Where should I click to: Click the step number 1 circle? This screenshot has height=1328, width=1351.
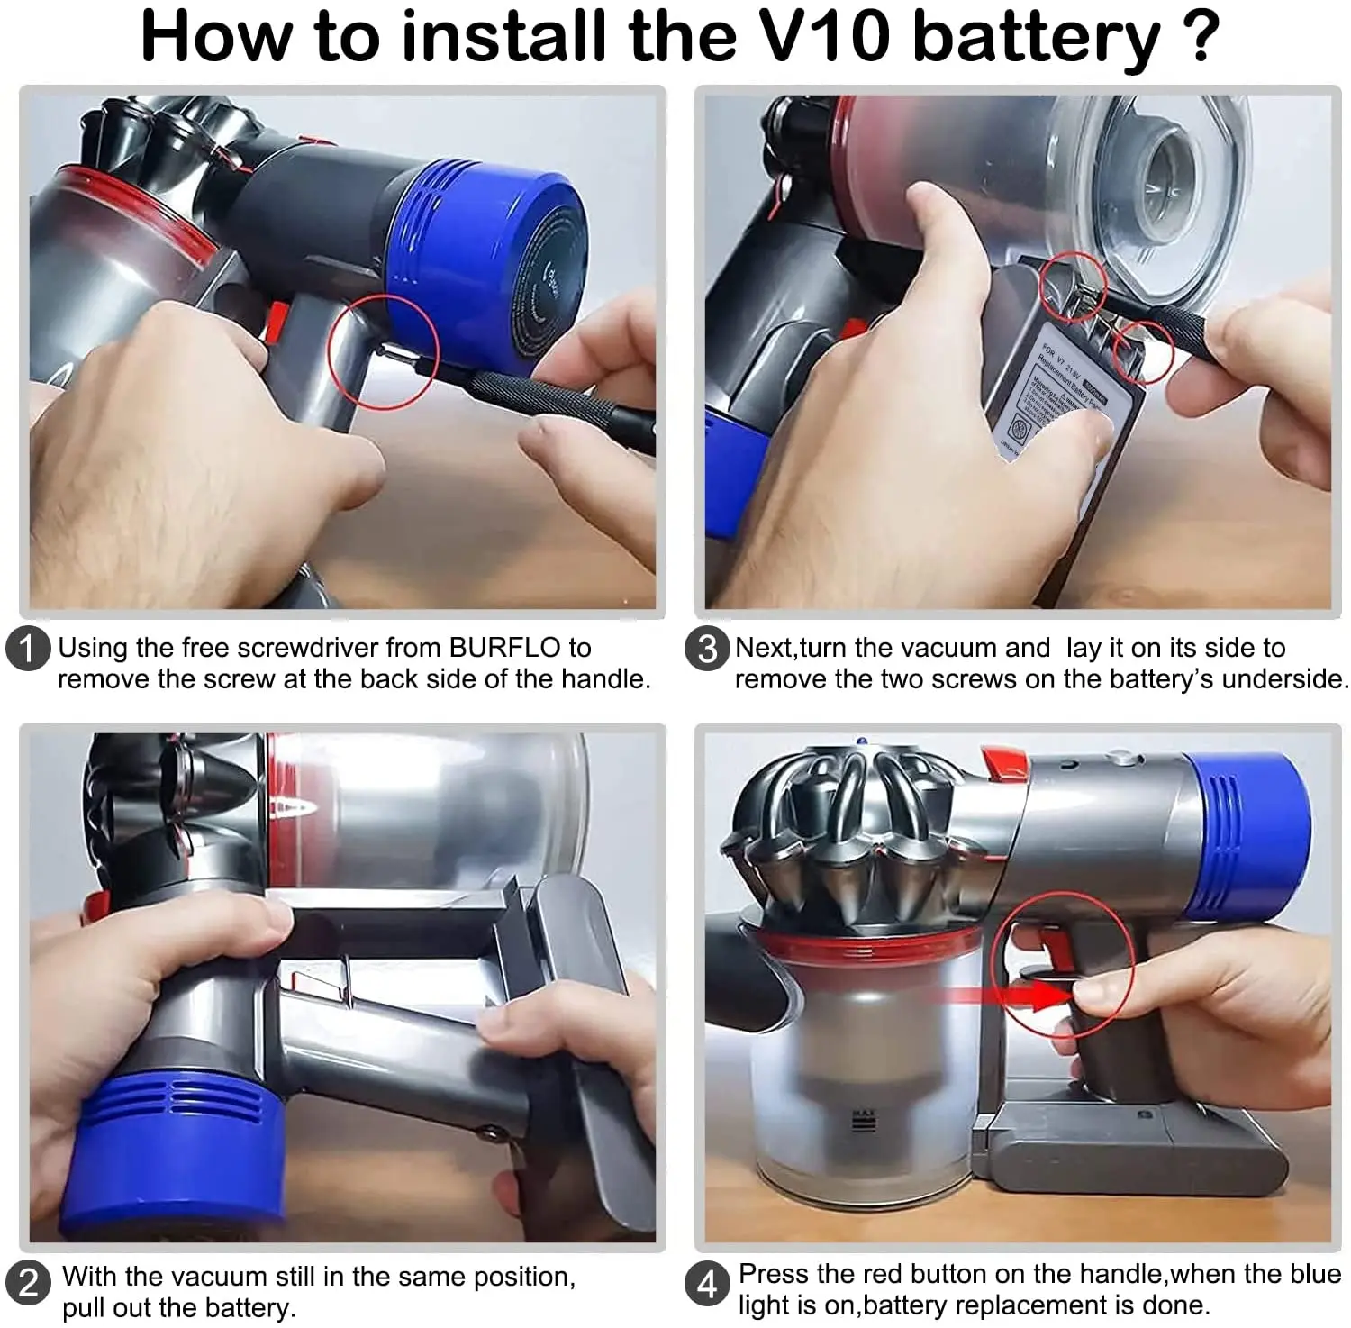27,649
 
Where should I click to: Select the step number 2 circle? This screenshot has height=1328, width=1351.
27,1281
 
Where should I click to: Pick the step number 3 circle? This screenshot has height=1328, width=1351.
707,649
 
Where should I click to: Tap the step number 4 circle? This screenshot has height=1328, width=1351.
707,1283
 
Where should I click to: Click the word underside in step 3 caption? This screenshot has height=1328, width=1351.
1284,679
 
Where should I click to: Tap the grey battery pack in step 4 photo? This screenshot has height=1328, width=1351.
1135,1149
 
